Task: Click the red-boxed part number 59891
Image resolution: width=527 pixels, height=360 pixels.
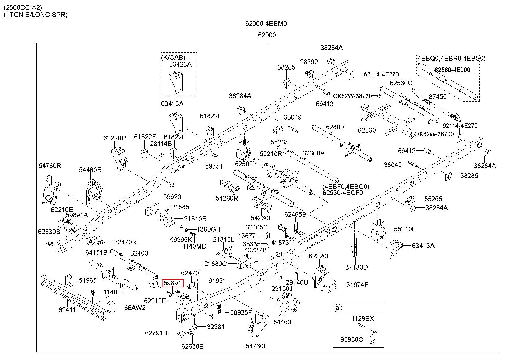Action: (172, 283)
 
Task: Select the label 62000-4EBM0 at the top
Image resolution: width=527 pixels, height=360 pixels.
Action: (266, 23)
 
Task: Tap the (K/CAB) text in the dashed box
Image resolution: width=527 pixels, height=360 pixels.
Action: (173, 57)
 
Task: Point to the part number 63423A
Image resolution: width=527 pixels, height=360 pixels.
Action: (180, 64)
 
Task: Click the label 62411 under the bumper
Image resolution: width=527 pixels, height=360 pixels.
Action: (67, 310)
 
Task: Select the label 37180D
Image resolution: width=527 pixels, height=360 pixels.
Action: (356, 267)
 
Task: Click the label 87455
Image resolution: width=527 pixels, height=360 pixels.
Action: (438, 97)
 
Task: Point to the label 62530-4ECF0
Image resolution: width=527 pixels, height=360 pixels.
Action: (343, 193)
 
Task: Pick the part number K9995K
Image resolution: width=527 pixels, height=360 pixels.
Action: (181, 240)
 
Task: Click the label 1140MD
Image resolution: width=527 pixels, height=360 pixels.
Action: (194, 246)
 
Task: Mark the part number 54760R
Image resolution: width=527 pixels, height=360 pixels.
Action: (50, 166)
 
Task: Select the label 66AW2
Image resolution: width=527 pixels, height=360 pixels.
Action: (135, 308)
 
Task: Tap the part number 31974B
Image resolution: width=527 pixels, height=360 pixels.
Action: (357, 285)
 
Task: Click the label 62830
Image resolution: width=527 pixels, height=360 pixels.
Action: (367, 130)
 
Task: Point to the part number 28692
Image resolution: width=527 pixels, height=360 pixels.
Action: (309, 62)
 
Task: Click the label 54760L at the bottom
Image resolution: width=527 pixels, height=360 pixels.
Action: (256, 346)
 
